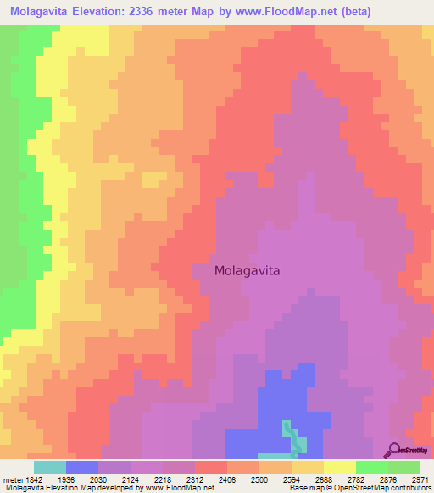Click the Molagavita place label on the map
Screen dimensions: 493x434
247,271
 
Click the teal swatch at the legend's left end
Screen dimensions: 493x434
50,466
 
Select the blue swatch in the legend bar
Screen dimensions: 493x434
82,466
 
